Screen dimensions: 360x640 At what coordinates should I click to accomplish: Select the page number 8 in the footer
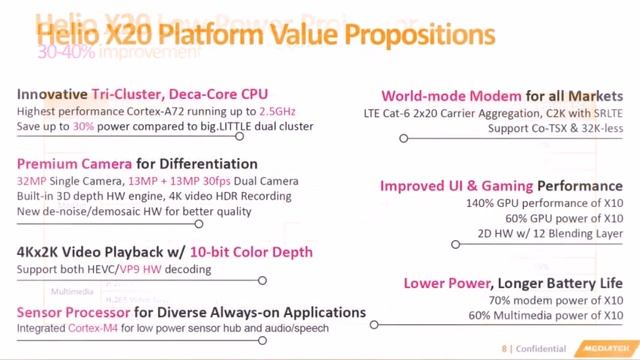pos(506,349)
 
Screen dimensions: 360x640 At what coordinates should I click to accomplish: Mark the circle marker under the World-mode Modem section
pos(403,139)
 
